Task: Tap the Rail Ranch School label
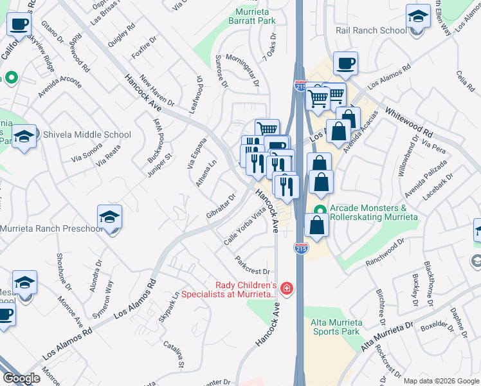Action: tap(371, 30)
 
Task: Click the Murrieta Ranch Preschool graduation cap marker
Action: tap(109, 217)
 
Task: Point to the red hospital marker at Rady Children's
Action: tap(286, 288)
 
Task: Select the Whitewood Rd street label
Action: tap(410, 120)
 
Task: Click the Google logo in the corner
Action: tap(22, 378)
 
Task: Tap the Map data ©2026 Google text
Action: tap(440, 381)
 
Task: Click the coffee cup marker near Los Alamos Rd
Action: tap(345, 63)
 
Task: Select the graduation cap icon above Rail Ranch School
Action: tap(418, 16)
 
